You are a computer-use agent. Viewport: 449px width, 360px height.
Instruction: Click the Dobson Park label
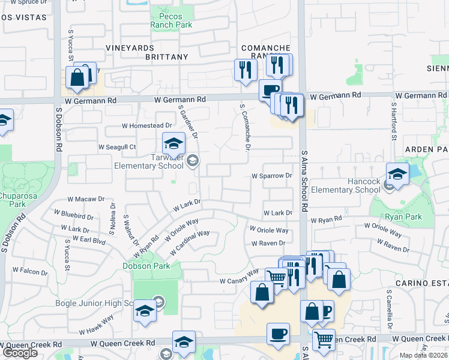pos(146,266)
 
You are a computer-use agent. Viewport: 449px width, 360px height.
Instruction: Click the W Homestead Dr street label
pos(146,125)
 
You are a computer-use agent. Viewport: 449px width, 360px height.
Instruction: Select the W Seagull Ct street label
pos(118,147)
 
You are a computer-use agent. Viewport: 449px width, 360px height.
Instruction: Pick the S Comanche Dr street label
pos(245,127)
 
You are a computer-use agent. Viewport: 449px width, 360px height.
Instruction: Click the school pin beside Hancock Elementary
pos(397,174)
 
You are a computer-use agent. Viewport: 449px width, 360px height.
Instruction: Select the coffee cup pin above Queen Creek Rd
pos(277,334)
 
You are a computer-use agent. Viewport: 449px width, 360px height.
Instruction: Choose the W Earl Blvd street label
pos(88,241)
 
